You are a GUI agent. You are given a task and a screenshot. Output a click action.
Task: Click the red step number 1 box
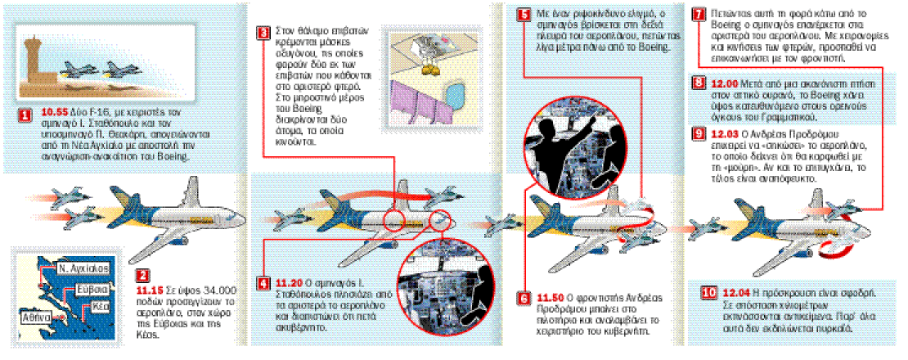coord(25,116)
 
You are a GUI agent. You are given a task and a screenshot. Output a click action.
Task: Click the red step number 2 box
coord(143,276)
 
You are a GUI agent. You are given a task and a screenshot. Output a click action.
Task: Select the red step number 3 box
coord(263,34)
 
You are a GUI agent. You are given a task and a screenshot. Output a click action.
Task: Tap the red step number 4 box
coord(263,284)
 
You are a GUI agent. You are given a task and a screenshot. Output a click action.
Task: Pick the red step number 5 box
coord(524,15)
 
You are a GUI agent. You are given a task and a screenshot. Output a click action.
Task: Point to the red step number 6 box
coord(524,298)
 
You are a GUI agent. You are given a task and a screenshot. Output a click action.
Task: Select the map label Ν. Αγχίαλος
coord(79,268)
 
